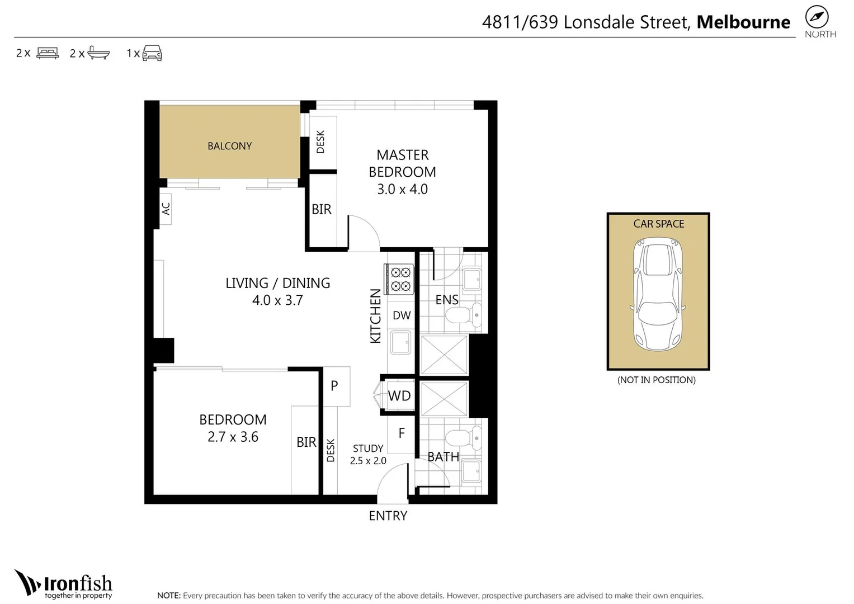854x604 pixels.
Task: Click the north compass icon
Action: pos(817,17)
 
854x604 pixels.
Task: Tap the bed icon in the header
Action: pos(48,53)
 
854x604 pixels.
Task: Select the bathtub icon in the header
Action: pos(99,53)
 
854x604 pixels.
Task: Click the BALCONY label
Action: pos(229,146)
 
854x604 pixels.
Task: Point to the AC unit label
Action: pos(166,209)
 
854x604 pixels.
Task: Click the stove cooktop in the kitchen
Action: pos(399,279)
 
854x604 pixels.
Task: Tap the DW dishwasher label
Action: pos(402,315)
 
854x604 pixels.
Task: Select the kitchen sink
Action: pos(400,342)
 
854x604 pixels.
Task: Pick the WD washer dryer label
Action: pos(399,396)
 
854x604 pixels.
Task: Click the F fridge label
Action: pos(402,433)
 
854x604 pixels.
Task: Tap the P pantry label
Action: pos(334,386)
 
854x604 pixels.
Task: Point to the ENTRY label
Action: pos(388,516)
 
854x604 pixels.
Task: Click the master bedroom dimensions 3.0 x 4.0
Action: pos(402,189)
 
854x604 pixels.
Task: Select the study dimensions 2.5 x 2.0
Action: pos(368,461)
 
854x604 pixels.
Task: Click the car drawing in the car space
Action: pos(658,294)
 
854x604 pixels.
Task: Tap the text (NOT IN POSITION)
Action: pos(657,380)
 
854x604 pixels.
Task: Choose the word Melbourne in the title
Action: pos(743,22)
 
